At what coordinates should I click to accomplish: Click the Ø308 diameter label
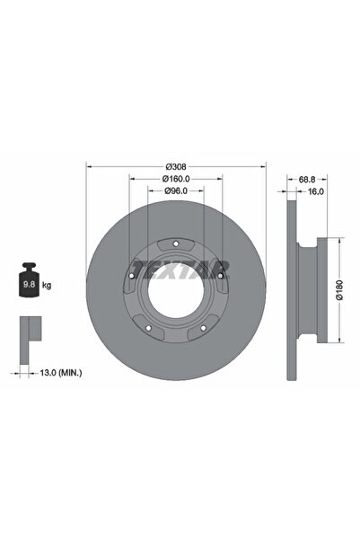(176, 166)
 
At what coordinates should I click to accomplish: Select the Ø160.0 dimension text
(176, 179)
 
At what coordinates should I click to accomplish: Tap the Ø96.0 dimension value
(176, 190)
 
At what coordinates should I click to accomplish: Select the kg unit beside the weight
(46, 285)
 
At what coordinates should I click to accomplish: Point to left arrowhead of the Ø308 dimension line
(87, 166)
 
